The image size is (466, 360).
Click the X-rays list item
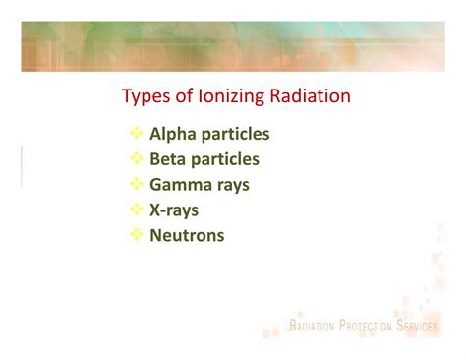[174, 210]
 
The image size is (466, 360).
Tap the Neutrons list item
[187, 235]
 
